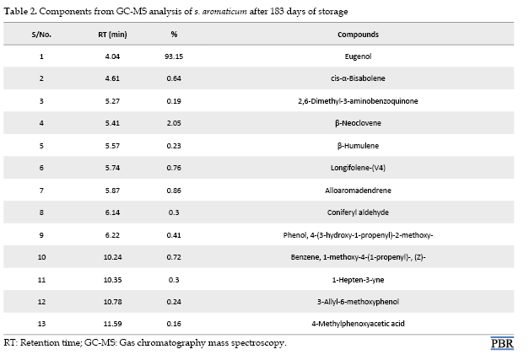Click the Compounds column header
pos(358,35)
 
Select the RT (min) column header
pos(112,35)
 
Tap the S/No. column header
pos(41,35)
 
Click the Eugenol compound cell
pos(358,56)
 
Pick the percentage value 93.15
pos(174,56)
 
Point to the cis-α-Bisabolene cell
pos(358,78)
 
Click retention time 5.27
pos(112,101)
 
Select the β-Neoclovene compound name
pos(358,123)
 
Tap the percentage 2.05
pos(174,123)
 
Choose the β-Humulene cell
pos(358,146)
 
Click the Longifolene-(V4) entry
pos(358,168)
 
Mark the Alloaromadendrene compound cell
pos(358,191)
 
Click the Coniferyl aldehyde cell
pos(358,212)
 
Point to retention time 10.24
pos(112,257)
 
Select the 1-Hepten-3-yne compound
pos(358,280)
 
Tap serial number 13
pos(41,324)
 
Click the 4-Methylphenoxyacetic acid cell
pos(358,324)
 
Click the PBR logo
pos(502,343)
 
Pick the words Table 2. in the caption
pos(20,12)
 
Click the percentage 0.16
pos(174,324)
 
